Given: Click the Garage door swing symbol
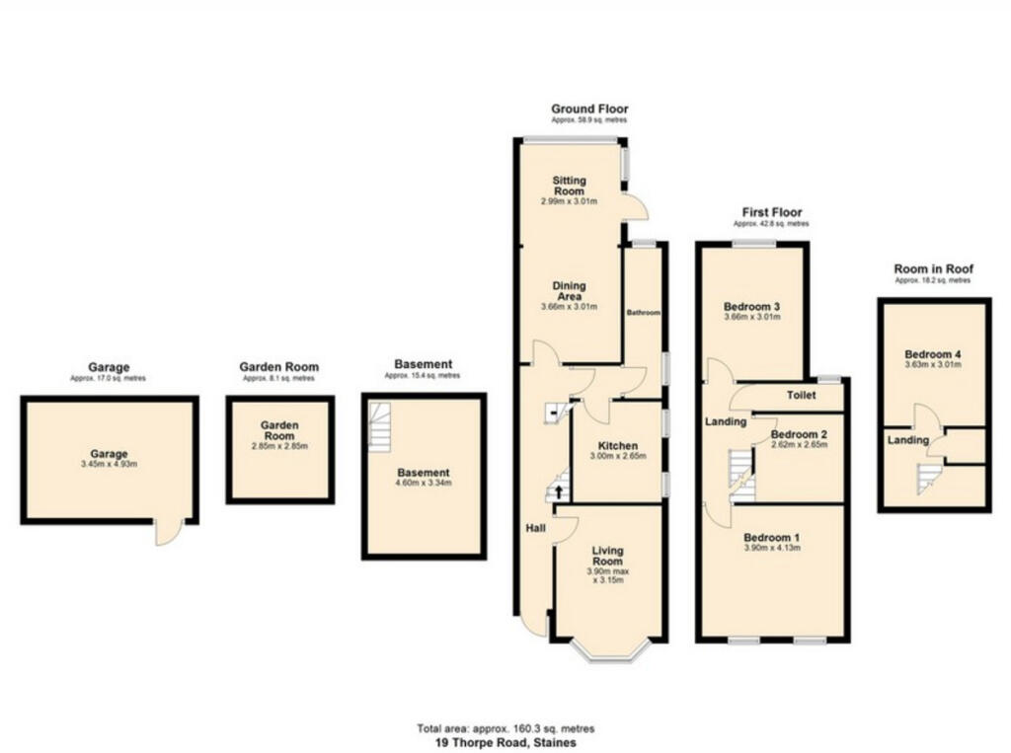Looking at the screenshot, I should (167, 533).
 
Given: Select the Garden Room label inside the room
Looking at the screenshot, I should (279, 430).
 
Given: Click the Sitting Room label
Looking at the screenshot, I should (570, 186).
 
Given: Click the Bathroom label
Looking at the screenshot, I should (644, 313).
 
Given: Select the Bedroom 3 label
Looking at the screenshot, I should (752, 305).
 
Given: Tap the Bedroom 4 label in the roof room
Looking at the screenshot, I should (932, 354).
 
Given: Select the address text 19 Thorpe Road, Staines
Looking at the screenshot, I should (505, 741).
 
